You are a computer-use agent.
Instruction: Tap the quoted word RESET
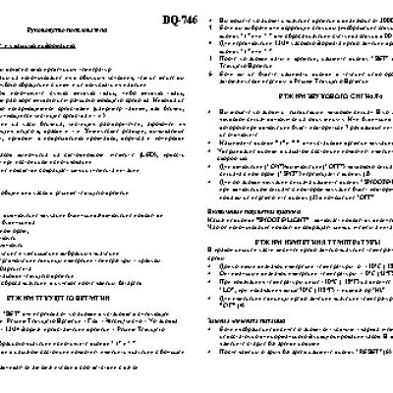(359, 351)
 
